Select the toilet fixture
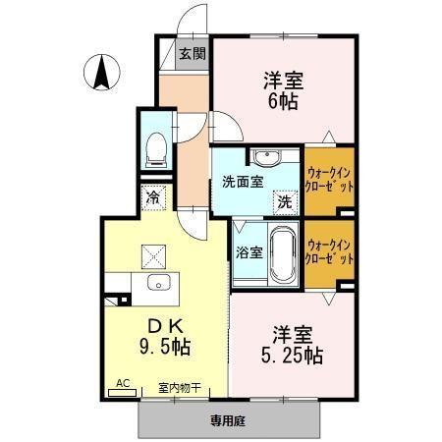pyautogui.click(x=155, y=149)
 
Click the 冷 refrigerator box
pyautogui.click(x=154, y=197)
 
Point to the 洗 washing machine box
pyautogui.click(x=285, y=202)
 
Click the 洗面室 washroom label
pyautogui.click(x=241, y=182)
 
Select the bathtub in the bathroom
pyautogui.click(x=284, y=252)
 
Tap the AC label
pyautogui.click(x=123, y=384)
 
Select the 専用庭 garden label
pyautogui.click(x=229, y=419)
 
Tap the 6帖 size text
pyautogui.click(x=280, y=102)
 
